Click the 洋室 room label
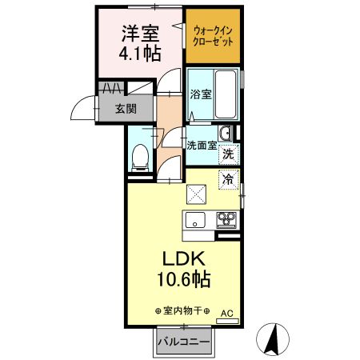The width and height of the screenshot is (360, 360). pyautogui.click(x=141, y=34)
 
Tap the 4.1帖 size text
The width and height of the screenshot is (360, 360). pyautogui.click(x=141, y=54)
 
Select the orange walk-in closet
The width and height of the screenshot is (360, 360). pyautogui.click(x=214, y=37)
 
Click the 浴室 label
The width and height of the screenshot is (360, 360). pyautogui.click(x=201, y=94)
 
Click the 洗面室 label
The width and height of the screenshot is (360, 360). pyautogui.click(x=201, y=146)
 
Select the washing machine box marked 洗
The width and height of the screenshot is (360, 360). pyautogui.click(x=228, y=154)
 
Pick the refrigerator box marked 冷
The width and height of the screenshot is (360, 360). pyautogui.click(x=228, y=179)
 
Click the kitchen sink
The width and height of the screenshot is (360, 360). pyautogui.click(x=195, y=220)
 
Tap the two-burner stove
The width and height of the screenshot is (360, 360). pyautogui.click(x=225, y=219)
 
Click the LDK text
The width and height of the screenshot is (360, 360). pyautogui.click(x=186, y=260)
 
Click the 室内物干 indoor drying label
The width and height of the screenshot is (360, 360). pyautogui.click(x=182, y=310)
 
